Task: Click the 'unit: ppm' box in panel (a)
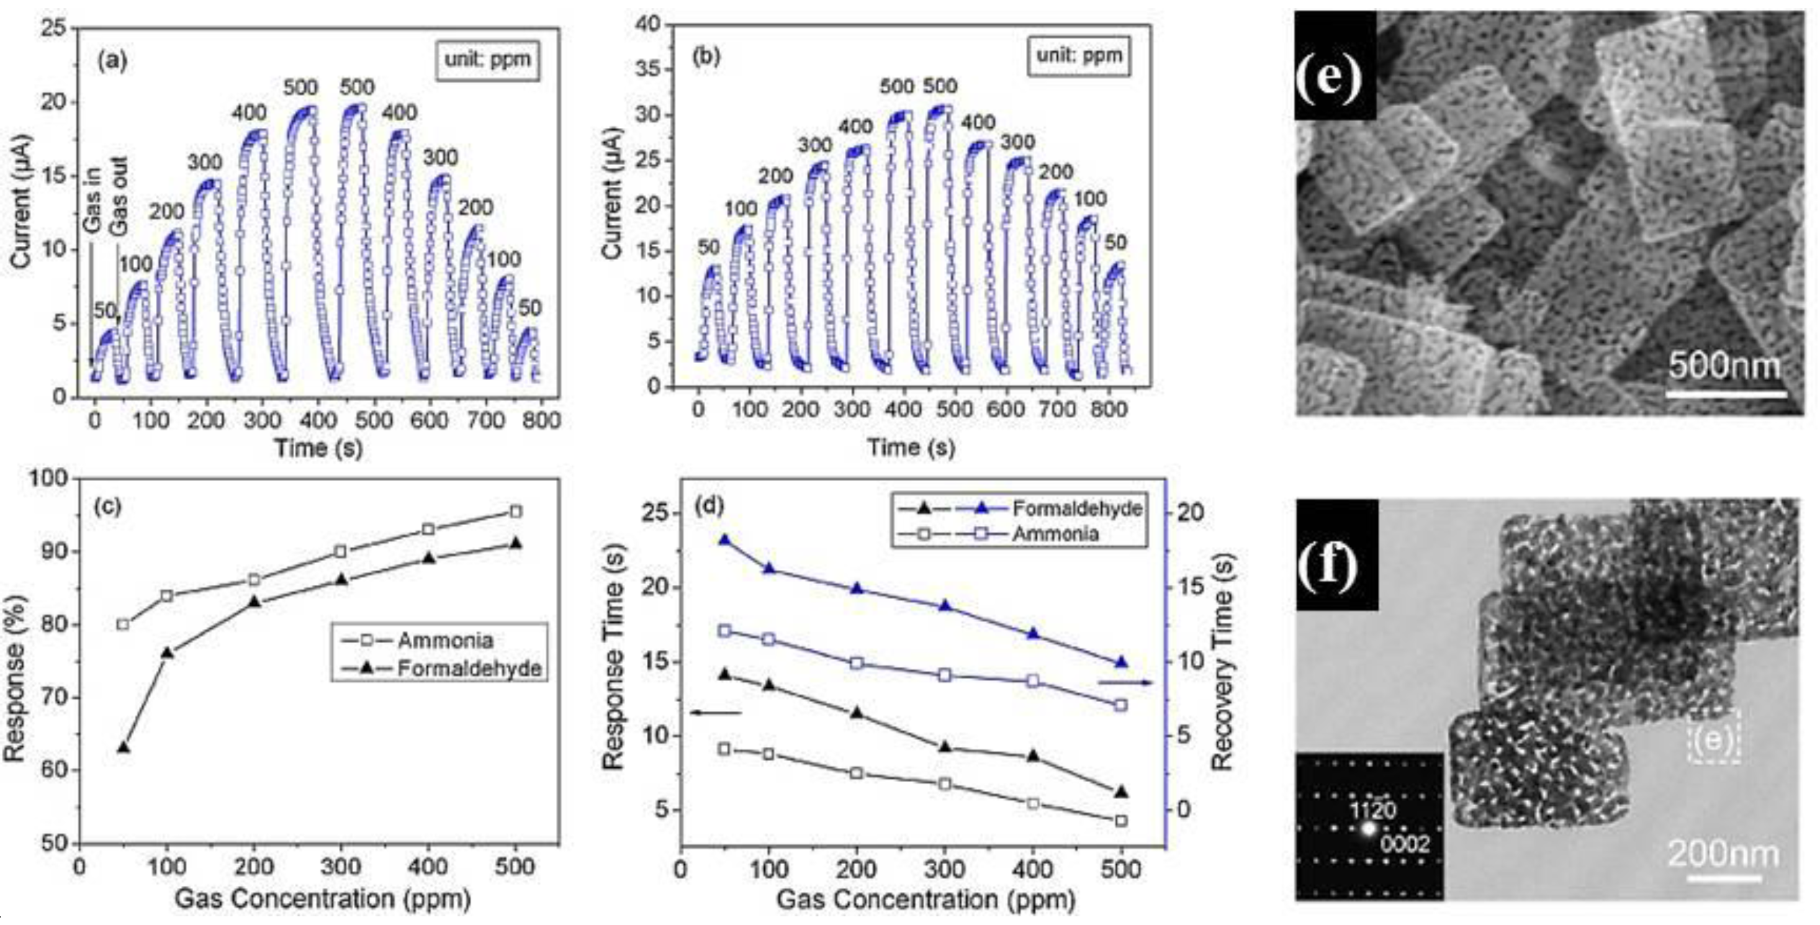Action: [x=487, y=60]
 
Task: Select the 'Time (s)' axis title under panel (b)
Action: [x=911, y=448]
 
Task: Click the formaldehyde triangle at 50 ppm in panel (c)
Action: [x=124, y=747]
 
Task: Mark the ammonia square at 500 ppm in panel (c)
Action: [x=516, y=512]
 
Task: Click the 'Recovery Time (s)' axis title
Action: [x=1222, y=661]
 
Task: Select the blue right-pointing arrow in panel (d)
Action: [x=1125, y=683]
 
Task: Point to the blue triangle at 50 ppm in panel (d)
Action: [x=724, y=541]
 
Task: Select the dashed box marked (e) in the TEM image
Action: [x=1714, y=737]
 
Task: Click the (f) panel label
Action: [x=1329, y=566]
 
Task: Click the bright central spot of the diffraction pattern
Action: [x=1369, y=829]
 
